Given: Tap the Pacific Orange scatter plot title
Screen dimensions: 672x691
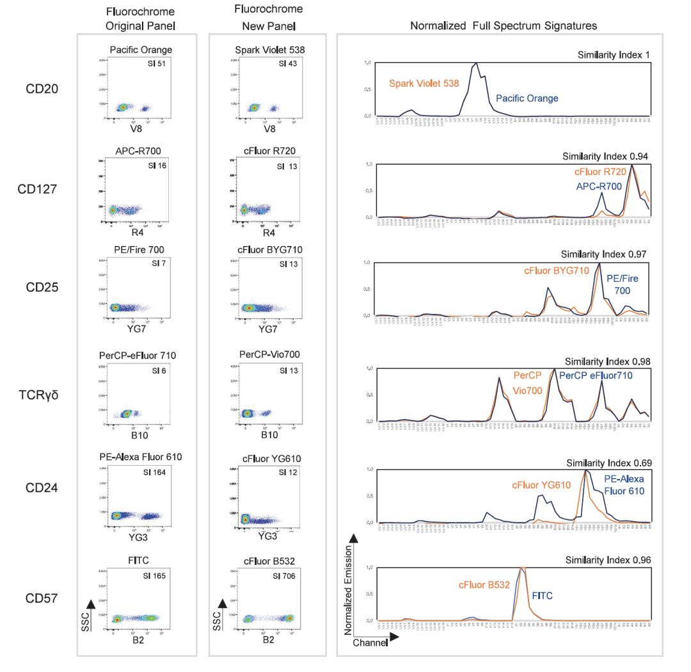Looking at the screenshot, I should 141,49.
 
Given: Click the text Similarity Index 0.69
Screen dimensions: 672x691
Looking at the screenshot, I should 608,463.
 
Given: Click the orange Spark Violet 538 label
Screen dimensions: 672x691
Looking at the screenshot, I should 424,83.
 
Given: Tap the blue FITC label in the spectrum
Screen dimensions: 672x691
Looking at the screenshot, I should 543,596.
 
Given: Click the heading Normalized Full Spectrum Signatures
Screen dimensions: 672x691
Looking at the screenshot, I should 504,26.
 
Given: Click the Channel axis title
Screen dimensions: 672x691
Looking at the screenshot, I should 370,643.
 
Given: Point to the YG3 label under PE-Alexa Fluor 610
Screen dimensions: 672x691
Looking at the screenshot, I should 139,536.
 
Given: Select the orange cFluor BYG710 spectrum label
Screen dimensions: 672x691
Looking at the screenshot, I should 556,271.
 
